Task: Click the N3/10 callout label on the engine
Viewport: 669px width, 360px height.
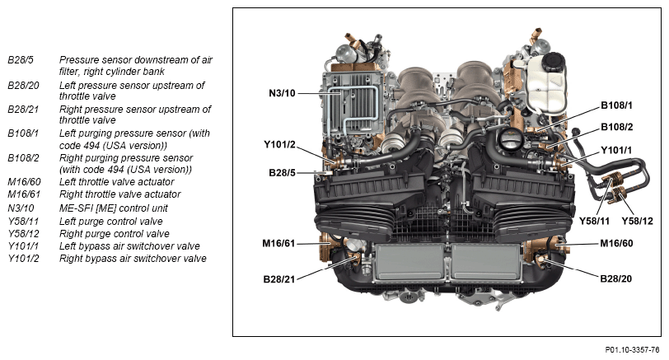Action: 282,93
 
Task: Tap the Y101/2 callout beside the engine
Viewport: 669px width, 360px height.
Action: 279,145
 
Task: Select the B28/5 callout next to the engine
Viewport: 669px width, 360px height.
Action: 282,173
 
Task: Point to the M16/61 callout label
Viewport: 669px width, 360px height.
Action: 278,244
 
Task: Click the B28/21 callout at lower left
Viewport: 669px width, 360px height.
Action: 279,279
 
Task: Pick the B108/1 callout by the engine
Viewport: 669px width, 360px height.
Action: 616,105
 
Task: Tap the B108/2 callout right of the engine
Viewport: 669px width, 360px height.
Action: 616,127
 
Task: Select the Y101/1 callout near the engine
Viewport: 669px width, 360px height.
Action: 616,150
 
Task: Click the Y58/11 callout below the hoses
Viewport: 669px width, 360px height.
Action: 594,221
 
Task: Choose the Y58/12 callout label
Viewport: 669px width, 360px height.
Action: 637,221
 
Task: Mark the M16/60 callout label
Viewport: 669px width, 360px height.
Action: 616,243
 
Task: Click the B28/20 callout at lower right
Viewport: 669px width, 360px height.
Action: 615,278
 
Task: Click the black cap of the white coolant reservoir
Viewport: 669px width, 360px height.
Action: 554,63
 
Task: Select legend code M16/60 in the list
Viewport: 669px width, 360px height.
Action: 24,182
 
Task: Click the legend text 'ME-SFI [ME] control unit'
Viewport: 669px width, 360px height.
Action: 113,208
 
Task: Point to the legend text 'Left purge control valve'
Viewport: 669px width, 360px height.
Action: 110,222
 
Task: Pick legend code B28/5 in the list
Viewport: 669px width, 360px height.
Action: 20,60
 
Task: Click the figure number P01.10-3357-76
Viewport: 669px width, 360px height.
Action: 632,350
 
